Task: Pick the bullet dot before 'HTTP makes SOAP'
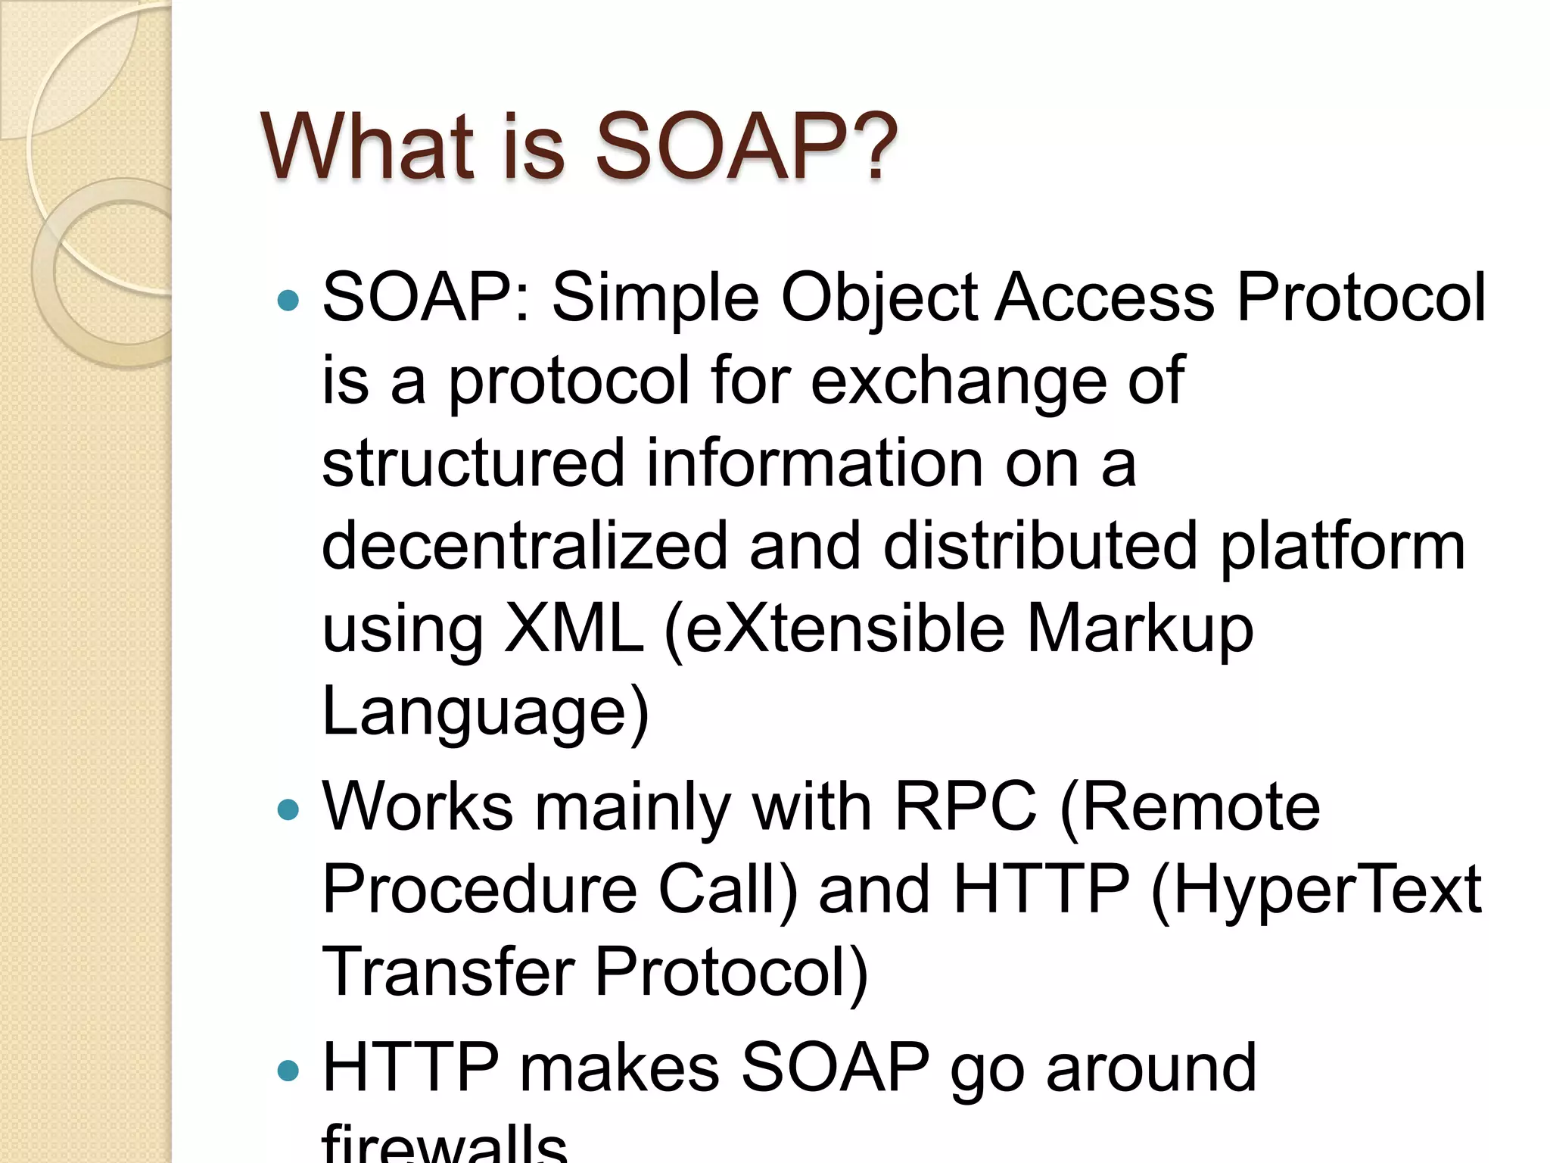[x=288, y=1071]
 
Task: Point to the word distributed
[x=1041, y=546]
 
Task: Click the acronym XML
[x=573, y=628]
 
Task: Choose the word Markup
[x=1140, y=630]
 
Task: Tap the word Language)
[x=485, y=712]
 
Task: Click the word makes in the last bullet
[x=619, y=1068]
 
